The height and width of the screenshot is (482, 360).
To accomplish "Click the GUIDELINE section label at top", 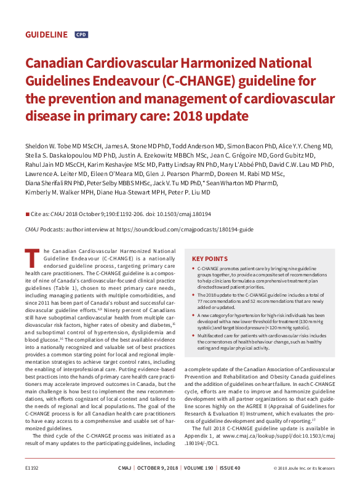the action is click(x=46, y=35).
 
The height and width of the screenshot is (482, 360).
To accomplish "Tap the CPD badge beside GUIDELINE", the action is click(x=81, y=35).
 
